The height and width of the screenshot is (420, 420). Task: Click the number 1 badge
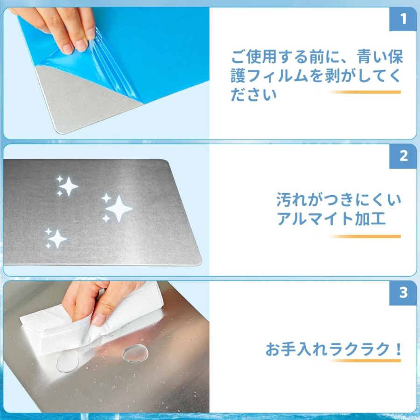click(x=403, y=19)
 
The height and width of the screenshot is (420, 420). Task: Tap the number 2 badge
click(x=403, y=156)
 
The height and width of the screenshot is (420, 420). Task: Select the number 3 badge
click(x=403, y=293)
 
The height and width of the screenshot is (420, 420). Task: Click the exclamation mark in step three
click(x=399, y=349)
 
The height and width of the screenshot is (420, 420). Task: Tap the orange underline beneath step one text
click(x=365, y=92)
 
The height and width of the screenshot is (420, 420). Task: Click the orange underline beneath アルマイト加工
click(x=365, y=237)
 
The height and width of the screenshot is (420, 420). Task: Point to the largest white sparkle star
click(x=119, y=209)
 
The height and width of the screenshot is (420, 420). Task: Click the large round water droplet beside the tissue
click(x=135, y=353)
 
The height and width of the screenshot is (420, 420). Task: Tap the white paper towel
click(x=91, y=322)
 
